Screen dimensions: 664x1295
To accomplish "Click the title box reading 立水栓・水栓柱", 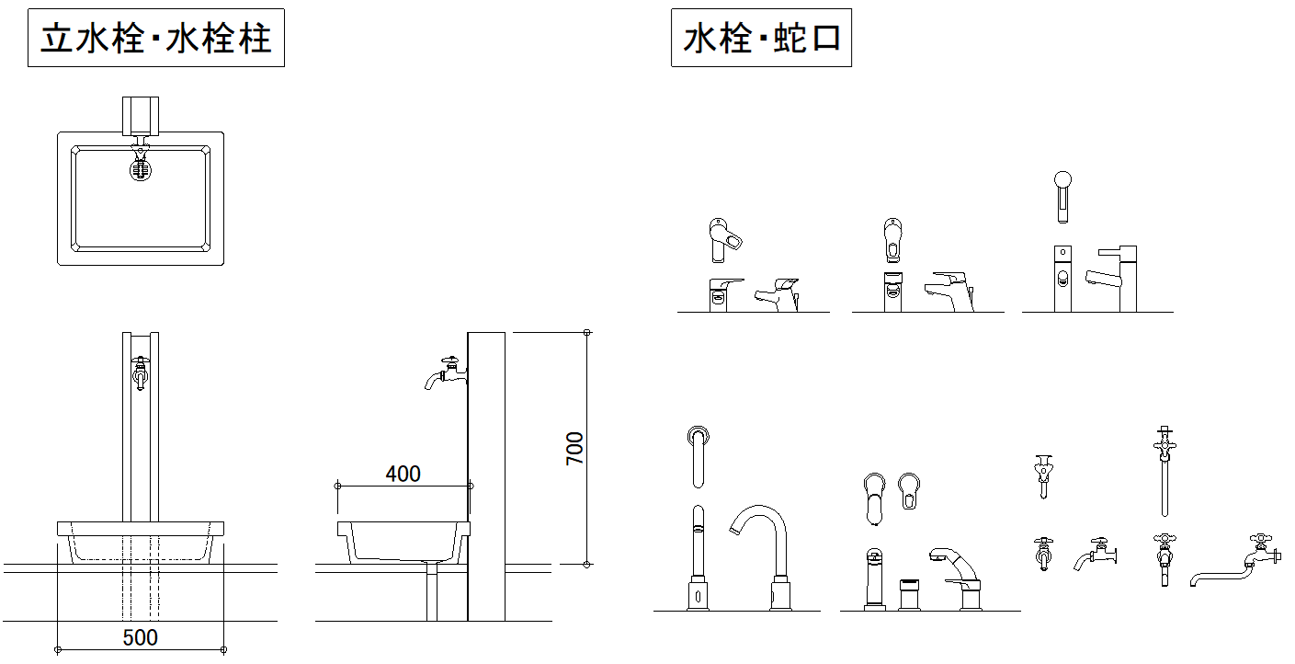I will [155, 39].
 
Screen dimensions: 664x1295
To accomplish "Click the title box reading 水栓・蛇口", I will [761, 39].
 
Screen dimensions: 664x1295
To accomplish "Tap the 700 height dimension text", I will [574, 448].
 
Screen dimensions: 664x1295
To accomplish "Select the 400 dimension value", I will [403, 474].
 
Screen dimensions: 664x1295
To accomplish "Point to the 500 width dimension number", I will [140, 637].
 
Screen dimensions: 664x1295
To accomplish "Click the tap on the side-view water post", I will [445, 372].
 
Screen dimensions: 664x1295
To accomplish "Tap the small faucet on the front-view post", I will [140, 372].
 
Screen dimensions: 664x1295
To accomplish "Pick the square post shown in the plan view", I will [140, 114].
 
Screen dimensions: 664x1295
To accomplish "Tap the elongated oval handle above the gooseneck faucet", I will [698, 454].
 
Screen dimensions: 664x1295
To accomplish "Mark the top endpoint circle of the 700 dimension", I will [587, 332].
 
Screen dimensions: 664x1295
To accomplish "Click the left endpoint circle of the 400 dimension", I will [338, 485].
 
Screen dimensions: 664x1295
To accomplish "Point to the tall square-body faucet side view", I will [1112, 278].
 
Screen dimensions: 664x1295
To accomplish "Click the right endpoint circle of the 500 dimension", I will [223, 649].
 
